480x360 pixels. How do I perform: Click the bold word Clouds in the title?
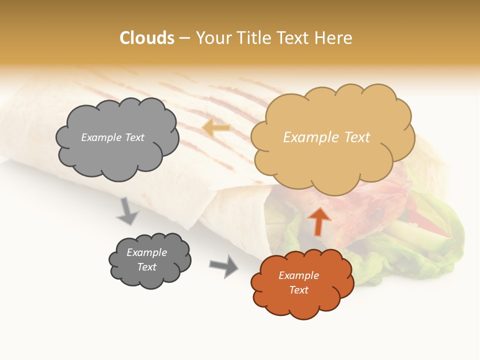click(x=147, y=38)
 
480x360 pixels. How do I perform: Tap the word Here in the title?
click(x=334, y=38)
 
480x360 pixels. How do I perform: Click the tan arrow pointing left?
click(x=216, y=128)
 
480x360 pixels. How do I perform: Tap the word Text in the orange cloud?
click(x=298, y=290)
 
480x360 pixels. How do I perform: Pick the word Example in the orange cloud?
click(x=298, y=275)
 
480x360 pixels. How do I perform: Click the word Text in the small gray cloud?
click(x=147, y=267)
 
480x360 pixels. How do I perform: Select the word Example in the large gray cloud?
click(x=101, y=137)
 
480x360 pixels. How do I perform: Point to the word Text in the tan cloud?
click(x=357, y=137)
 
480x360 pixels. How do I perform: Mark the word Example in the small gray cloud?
click(x=147, y=252)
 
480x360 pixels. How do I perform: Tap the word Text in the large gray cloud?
click(x=134, y=137)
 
